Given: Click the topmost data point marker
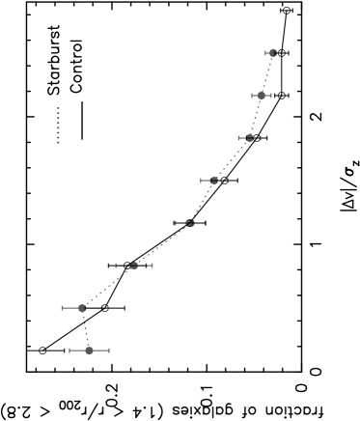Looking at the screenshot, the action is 272,53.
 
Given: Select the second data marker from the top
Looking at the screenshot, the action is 261,96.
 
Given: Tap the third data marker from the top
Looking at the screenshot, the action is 249,138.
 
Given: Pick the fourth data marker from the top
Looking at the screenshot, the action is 214,181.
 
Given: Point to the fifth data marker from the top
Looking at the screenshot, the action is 190,223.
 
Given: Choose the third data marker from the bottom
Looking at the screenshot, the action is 134,266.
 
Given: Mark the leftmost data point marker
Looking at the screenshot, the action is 82,308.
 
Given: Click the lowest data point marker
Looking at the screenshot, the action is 90,351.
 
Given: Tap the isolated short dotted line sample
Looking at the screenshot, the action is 58,126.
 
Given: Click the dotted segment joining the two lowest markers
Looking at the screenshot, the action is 86,329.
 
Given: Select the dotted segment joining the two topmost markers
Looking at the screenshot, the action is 266,74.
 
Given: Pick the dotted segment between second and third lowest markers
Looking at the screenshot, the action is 108,287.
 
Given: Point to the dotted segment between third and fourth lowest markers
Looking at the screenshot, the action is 162,244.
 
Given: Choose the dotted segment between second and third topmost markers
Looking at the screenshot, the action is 255,117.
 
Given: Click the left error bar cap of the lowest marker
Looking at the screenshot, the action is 70,351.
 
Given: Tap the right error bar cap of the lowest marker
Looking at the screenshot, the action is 109,351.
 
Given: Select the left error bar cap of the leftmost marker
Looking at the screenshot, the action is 63,308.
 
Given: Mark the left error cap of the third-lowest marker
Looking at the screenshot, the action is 117,266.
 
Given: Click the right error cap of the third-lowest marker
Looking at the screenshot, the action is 152,266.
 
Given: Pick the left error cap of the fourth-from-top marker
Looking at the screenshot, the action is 201,181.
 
